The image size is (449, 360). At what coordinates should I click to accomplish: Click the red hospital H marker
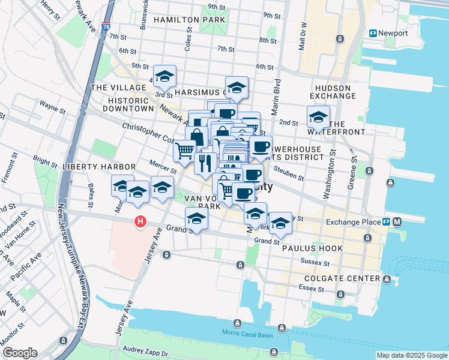coord(140,222)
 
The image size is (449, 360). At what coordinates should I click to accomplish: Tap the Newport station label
coord(393,34)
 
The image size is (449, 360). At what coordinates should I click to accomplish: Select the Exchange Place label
coord(354,222)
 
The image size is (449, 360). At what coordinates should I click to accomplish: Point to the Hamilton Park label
coord(189,20)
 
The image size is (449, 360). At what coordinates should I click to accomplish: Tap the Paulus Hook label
coord(303,247)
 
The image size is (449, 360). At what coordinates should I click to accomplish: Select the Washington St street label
coord(328,178)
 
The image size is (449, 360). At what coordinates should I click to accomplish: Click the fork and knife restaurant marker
coord(205,163)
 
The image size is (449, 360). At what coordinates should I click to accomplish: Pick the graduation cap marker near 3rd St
coord(164,76)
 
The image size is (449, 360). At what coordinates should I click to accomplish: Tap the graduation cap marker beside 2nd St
coord(318,116)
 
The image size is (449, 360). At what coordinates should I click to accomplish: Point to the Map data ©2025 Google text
coord(411,355)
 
